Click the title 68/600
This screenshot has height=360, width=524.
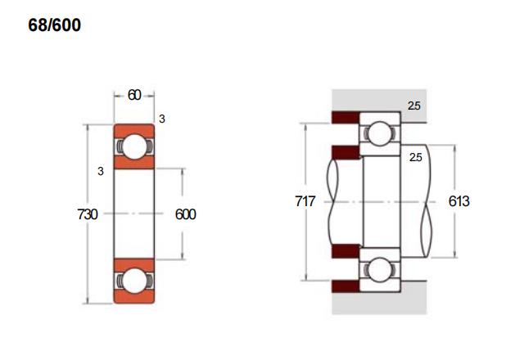(x=55, y=25)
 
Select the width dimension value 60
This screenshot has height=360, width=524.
(x=134, y=96)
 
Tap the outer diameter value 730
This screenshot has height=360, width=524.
(x=88, y=214)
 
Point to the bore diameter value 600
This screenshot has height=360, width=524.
(x=186, y=214)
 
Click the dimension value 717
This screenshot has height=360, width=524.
(x=305, y=201)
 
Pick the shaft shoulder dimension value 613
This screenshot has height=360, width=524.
(x=458, y=201)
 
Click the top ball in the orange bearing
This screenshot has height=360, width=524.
(x=134, y=146)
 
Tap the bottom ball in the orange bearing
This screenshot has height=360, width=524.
(x=134, y=281)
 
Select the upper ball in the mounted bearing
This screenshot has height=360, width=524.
(x=380, y=133)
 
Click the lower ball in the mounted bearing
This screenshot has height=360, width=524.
(x=380, y=269)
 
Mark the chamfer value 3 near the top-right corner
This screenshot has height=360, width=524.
(x=162, y=119)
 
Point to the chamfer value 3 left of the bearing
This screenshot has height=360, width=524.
(x=101, y=171)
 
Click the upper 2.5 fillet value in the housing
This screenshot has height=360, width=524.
(x=413, y=106)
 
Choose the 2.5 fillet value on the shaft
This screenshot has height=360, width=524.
(x=415, y=157)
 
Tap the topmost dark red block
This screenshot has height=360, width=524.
(x=346, y=118)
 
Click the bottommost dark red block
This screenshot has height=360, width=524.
(x=346, y=286)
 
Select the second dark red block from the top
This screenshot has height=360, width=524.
(x=346, y=153)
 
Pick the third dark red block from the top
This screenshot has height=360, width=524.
(x=346, y=251)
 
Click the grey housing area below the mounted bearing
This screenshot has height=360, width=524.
(x=379, y=304)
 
